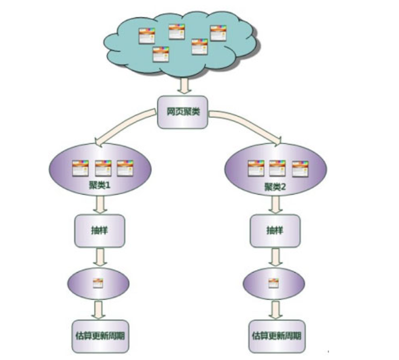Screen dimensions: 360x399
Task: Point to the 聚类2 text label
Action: click(x=275, y=186)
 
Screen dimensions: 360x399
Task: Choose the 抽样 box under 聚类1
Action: click(x=100, y=229)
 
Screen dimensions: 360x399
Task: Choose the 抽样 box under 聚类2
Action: click(x=275, y=229)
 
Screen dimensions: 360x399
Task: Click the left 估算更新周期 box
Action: click(x=100, y=335)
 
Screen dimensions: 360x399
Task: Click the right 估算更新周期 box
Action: click(x=275, y=335)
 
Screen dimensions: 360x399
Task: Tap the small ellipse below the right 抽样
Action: click(x=273, y=282)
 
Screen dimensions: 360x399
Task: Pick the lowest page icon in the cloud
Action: click(x=160, y=55)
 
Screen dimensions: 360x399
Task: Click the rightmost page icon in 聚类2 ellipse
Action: click(x=299, y=168)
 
